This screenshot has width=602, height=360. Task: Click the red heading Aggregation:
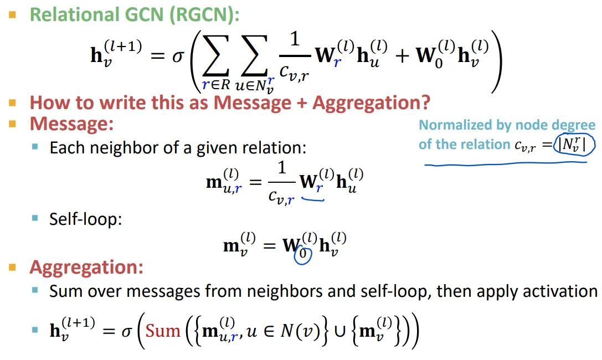86,268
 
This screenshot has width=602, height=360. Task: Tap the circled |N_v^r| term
576,145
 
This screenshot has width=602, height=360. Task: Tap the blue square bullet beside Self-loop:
35,219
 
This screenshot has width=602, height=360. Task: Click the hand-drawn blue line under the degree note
510,163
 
